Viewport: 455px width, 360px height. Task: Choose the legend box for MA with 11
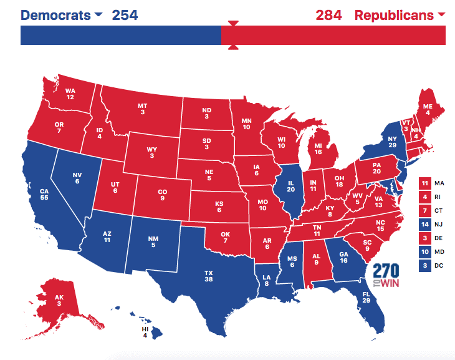424,183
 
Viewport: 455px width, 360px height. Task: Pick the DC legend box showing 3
424,265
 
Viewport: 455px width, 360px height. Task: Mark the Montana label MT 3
143,109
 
